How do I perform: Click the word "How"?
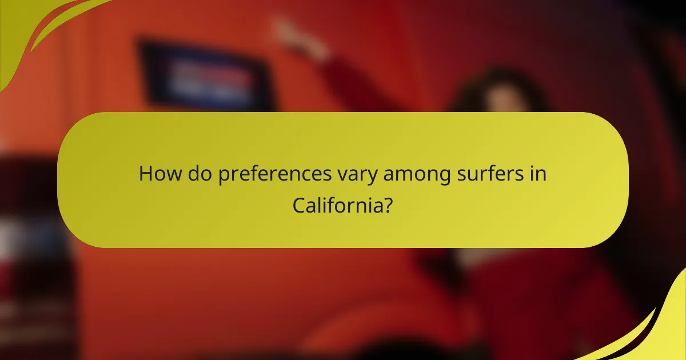coord(157,173)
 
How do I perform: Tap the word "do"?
coord(194,173)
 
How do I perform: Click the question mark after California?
coord(388,204)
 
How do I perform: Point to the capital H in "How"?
coord(146,173)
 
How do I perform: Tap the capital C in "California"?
coord(299,204)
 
